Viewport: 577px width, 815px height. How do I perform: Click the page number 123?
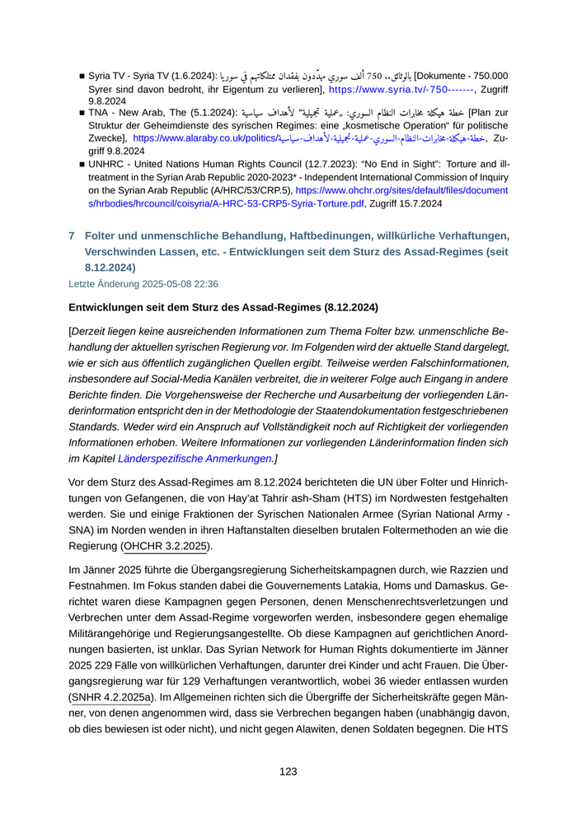[x=288, y=771]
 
